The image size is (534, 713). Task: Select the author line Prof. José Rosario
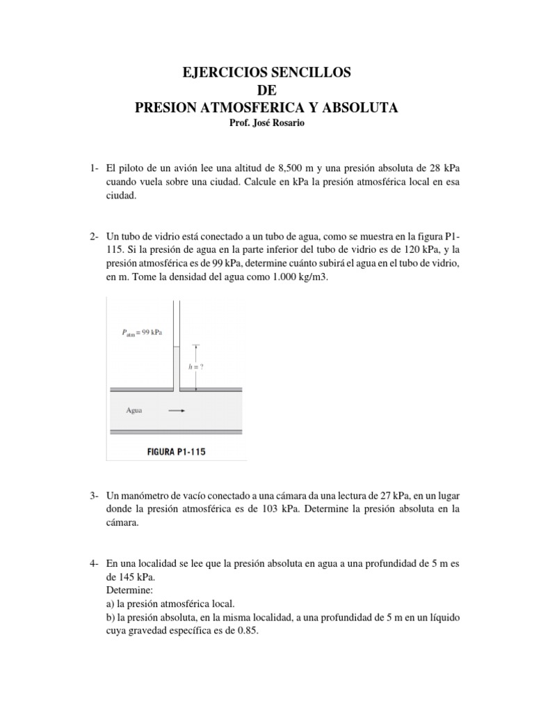point(267,124)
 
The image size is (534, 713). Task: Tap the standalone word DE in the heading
point(267,90)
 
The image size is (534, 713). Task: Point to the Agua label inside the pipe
point(134,410)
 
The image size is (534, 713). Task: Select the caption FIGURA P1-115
point(175,450)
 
